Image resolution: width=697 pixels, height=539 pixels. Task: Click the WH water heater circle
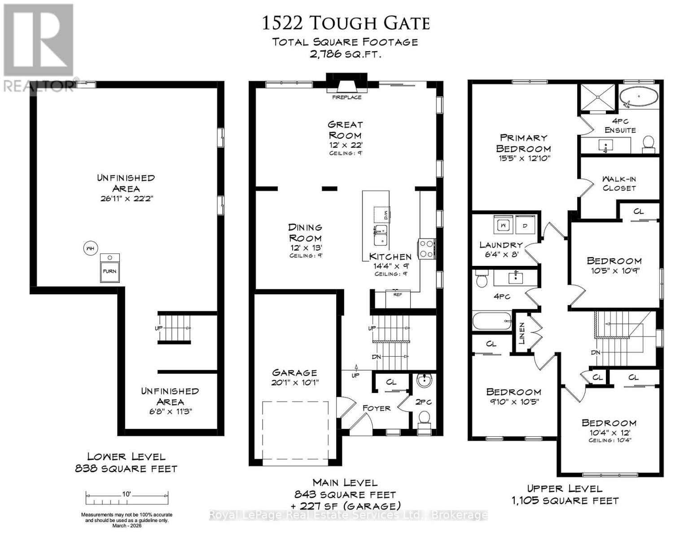pos(90,248)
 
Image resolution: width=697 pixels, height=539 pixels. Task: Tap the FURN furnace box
pos(110,268)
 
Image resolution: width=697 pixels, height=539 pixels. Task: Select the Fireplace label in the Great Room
pos(346,97)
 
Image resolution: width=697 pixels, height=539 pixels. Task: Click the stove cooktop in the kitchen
pos(426,249)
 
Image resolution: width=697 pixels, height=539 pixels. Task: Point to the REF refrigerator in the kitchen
pos(398,298)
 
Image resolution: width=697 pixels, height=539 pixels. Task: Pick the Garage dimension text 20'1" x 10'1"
pos(294,383)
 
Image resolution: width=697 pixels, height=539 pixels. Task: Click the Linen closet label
pos(522,333)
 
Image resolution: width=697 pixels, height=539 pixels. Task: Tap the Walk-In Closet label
pos(619,183)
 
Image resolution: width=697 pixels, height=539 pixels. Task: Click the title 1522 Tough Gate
pos(346,23)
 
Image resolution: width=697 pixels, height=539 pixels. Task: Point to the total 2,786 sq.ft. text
pos(346,54)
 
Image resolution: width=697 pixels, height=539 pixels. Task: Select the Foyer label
pos(376,408)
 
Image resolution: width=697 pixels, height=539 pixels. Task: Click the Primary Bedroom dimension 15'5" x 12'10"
pos(523,158)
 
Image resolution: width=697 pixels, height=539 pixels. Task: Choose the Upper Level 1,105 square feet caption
pos(565,495)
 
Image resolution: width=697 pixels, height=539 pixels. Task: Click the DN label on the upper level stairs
pos(595,353)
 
